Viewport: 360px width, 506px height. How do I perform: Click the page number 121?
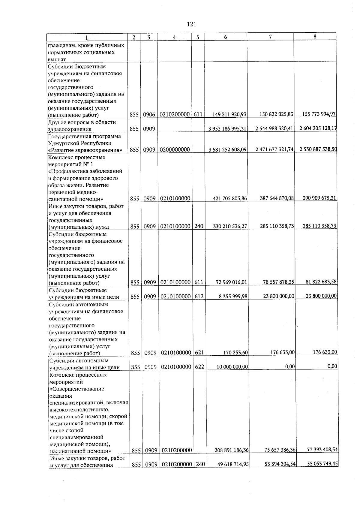191,24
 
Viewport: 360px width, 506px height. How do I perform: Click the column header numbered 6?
225,37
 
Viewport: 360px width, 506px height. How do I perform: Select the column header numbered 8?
315,36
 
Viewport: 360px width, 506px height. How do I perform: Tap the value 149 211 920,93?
229,115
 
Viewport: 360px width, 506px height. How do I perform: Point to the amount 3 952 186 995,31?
227,129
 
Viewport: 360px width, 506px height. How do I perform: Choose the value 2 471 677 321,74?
274,149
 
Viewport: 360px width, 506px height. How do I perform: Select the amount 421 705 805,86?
229,198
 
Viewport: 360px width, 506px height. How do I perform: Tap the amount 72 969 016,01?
231,282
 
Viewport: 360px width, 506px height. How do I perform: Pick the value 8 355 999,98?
233,297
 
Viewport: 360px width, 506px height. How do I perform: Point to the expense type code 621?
199,353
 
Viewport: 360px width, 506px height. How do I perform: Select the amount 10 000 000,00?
231,367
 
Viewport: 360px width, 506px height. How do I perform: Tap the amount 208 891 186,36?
232,450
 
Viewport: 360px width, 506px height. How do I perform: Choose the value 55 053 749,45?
322,464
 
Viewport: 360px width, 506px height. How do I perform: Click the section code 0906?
149,115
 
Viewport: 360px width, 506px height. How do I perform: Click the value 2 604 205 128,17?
318,128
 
